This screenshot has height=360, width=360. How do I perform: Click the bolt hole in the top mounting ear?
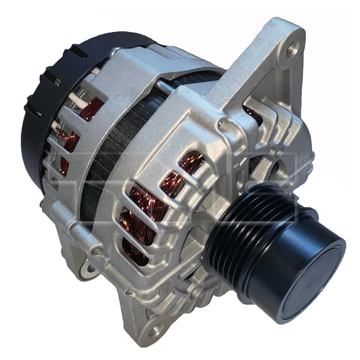292,50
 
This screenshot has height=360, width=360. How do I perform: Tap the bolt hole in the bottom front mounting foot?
157,329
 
